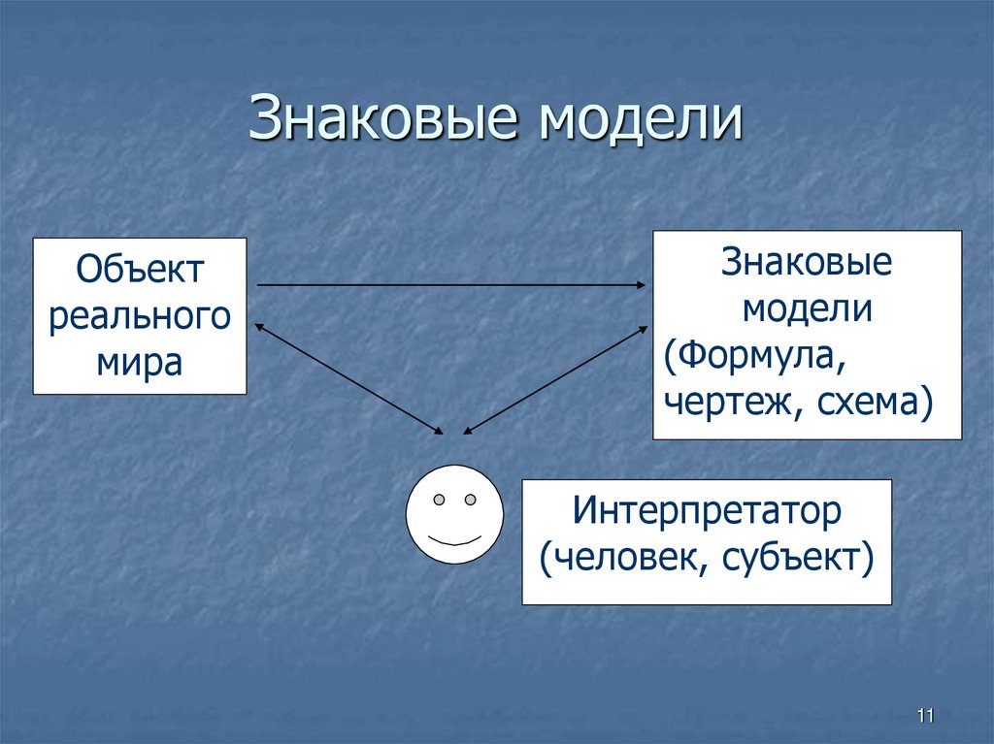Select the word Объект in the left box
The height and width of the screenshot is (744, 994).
141,270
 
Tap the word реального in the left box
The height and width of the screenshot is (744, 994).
140,316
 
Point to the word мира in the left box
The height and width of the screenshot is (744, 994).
140,363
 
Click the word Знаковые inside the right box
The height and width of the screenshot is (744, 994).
807,264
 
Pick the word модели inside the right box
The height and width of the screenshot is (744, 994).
807,309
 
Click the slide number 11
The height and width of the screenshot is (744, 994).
923,716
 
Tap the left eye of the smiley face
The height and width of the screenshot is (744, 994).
439,501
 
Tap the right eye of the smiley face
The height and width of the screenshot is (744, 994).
470,501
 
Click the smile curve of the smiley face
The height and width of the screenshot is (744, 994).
454,539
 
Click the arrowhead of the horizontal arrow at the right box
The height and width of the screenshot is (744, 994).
641,285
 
